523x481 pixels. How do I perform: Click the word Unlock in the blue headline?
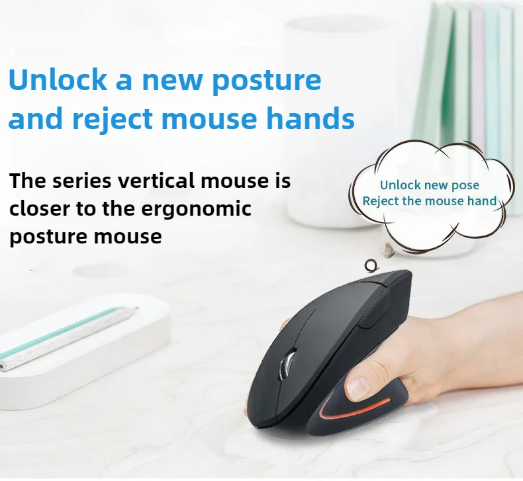point(57,79)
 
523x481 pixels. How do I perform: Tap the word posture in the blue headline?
point(266,82)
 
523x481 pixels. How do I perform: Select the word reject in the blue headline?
point(112,120)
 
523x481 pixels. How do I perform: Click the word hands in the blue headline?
point(310,118)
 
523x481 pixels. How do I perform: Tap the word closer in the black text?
point(40,208)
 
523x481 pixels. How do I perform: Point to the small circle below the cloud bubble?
point(371,266)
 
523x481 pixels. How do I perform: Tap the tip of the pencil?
point(137,308)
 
